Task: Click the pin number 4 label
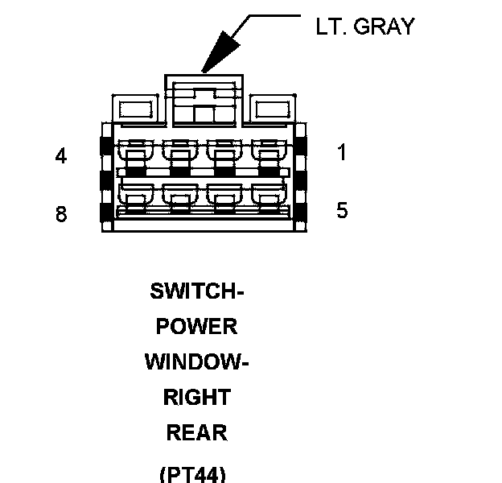[x=61, y=156]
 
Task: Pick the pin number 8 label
[x=61, y=215]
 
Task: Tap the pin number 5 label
[x=342, y=211]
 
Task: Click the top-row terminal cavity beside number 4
[x=135, y=152]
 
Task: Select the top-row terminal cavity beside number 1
[x=268, y=152]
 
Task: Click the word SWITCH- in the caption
[x=197, y=291]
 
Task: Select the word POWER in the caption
[x=197, y=327]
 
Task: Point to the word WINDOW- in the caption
[x=197, y=362]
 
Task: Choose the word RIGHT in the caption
[x=197, y=398]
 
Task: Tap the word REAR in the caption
[x=197, y=433]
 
